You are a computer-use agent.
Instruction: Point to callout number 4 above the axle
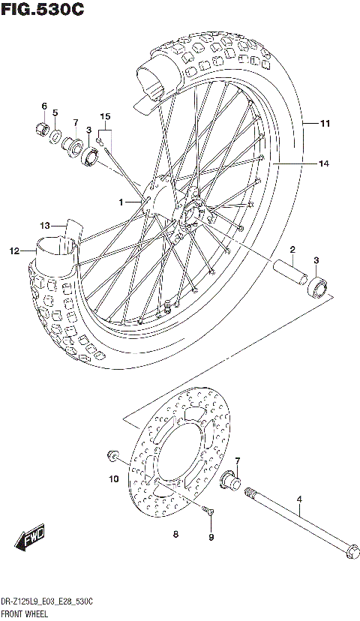tap(298, 499)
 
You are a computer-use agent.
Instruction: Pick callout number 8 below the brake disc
tap(175, 534)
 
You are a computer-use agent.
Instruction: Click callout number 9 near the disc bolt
tap(211, 537)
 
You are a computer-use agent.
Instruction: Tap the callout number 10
tap(114, 478)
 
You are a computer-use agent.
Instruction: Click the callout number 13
tap(45, 224)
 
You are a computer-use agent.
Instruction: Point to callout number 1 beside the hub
tap(119, 202)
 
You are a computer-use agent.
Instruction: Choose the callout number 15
tap(105, 116)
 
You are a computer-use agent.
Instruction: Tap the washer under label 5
tap(56, 136)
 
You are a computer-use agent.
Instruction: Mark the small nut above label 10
tap(113, 455)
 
